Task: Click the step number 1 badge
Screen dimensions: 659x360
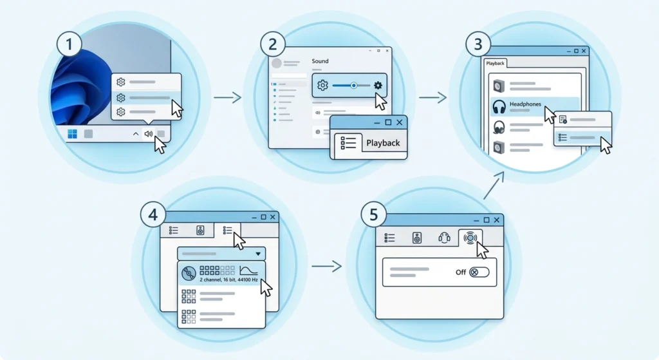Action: click(x=70, y=44)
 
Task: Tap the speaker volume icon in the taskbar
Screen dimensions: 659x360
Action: click(x=149, y=134)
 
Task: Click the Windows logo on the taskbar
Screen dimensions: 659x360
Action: click(x=72, y=134)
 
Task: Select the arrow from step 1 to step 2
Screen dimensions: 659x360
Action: click(x=227, y=98)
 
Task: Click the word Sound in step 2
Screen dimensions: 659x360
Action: click(x=320, y=61)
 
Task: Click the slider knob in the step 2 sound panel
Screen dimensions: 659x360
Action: click(x=354, y=86)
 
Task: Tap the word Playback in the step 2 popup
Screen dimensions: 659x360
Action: click(x=383, y=143)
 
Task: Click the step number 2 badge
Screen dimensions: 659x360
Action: click(x=273, y=44)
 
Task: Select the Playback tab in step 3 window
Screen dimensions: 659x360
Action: click(x=495, y=63)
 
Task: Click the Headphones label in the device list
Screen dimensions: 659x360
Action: click(x=525, y=104)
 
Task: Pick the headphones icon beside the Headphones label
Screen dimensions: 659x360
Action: click(x=499, y=107)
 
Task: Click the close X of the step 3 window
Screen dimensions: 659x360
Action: click(x=583, y=51)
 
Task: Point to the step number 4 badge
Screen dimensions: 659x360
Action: click(x=153, y=214)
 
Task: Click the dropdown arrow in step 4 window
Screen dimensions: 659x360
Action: click(x=258, y=254)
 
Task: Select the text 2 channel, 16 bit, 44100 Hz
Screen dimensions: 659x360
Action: click(x=228, y=279)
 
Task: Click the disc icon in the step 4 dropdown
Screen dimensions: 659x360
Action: click(x=189, y=273)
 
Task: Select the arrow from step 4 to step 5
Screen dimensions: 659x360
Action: click(x=326, y=266)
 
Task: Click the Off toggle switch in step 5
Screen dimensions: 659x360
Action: click(x=479, y=272)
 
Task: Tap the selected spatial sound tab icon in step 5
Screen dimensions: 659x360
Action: click(x=470, y=238)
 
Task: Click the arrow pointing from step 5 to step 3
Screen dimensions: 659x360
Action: click(x=494, y=185)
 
